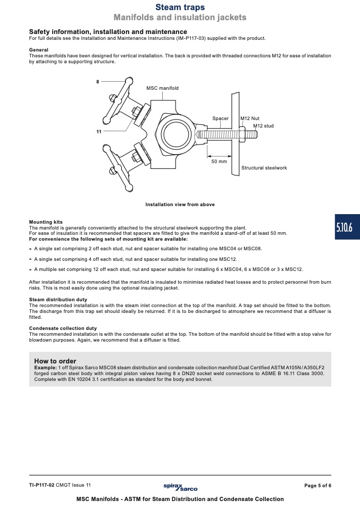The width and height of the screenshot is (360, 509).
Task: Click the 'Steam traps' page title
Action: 180,7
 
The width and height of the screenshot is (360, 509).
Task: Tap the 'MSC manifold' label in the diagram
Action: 162,88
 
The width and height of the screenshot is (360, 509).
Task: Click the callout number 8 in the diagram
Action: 97,82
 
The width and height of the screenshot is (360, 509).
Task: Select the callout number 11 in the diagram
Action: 99,131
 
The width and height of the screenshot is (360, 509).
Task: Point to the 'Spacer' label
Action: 220,118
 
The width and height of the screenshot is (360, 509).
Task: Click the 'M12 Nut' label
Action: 250,118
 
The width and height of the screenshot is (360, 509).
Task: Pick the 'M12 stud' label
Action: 263,126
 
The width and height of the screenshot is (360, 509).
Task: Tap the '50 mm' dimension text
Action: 219,162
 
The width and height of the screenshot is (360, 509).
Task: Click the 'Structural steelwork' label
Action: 264,168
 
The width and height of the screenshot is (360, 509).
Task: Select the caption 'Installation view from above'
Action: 180,205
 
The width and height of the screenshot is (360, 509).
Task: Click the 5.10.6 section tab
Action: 347,227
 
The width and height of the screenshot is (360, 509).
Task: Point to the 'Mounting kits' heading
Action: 46,222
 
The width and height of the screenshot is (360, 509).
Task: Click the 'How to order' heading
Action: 55,361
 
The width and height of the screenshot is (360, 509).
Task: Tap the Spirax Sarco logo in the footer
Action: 180,487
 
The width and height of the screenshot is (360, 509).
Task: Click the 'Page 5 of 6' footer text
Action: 318,486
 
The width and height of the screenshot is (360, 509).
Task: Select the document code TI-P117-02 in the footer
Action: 41,485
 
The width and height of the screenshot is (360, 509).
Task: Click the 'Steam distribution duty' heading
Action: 58,300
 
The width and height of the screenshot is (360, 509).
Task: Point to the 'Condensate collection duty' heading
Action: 63,328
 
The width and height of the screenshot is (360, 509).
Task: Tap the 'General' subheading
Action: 39,50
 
